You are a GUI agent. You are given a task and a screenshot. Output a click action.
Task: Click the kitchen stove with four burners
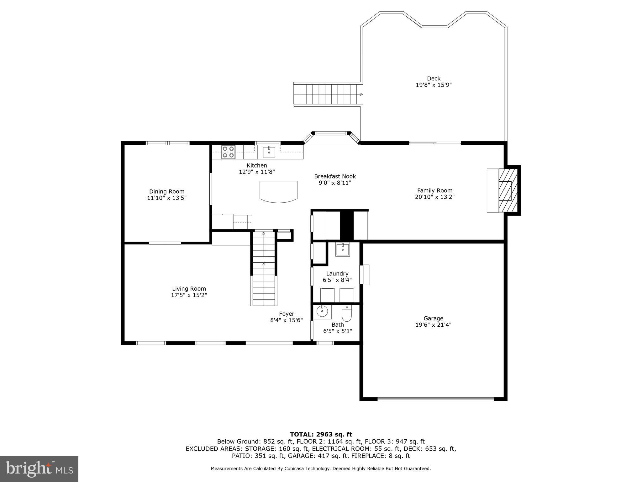(x=228, y=152)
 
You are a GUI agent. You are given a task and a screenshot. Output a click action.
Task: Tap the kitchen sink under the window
(x=269, y=152)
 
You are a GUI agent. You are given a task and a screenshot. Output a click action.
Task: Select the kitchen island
(x=278, y=191)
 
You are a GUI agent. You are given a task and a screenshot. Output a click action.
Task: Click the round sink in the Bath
(x=322, y=312)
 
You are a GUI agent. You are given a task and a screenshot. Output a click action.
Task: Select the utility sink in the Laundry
(x=342, y=249)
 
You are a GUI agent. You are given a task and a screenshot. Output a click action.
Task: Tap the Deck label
(x=434, y=78)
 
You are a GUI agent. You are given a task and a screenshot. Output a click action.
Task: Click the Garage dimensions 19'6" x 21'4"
(x=433, y=325)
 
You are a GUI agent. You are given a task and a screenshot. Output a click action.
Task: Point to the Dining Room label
(x=167, y=191)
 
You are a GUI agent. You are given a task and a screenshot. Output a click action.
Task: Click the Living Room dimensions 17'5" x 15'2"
(x=189, y=295)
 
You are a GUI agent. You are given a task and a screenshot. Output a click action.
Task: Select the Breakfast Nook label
(x=335, y=176)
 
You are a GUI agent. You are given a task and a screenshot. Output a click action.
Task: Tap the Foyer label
(x=287, y=314)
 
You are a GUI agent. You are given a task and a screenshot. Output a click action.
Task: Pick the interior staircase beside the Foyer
(x=264, y=268)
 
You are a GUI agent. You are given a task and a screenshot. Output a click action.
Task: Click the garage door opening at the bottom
(x=435, y=399)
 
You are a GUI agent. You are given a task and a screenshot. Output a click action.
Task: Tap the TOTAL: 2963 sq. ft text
(x=321, y=434)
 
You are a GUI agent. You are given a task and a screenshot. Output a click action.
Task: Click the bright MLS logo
(x=39, y=469)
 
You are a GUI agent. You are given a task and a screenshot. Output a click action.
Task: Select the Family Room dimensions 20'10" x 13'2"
(x=434, y=197)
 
